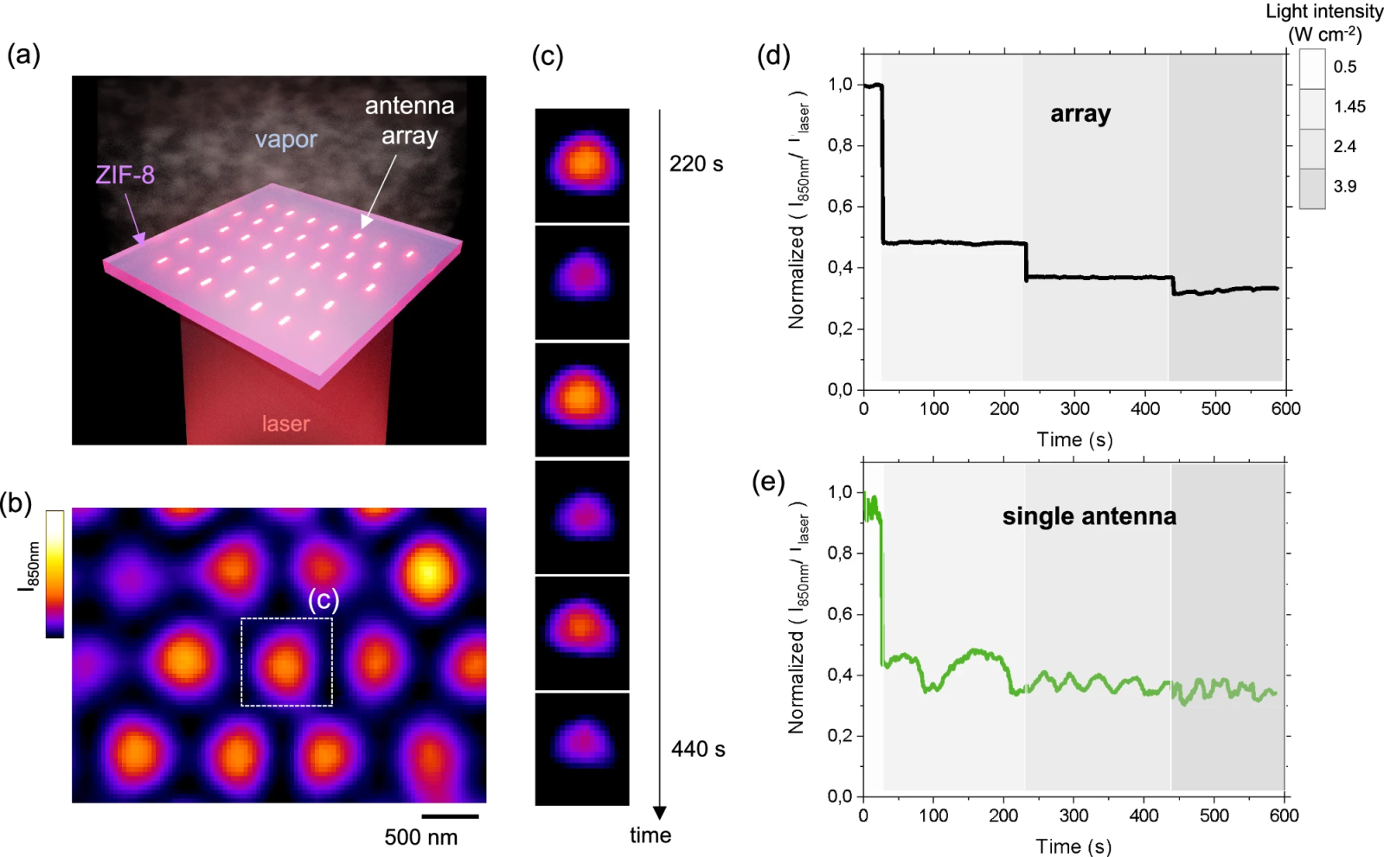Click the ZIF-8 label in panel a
pos(125,176)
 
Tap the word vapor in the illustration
pos(285,139)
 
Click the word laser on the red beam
pos(285,424)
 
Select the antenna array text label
pos(409,120)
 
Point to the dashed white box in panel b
pos(286,662)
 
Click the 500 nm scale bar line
pos(450,815)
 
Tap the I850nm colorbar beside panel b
pos(54,573)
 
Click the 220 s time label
pos(695,164)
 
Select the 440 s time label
pos(697,749)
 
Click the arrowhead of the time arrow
pos(659,812)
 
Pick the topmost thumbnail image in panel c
pos(582,165)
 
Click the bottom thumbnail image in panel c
pos(582,749)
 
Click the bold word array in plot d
pos(1080,114)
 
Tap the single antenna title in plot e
pos(1089,516)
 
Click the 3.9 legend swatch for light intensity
pos(1311,188)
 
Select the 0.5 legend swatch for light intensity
pos(1311,68)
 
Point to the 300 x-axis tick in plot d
pos(1074,408)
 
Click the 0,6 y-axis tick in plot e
pos(840,614)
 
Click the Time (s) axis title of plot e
pos(1073,846)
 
